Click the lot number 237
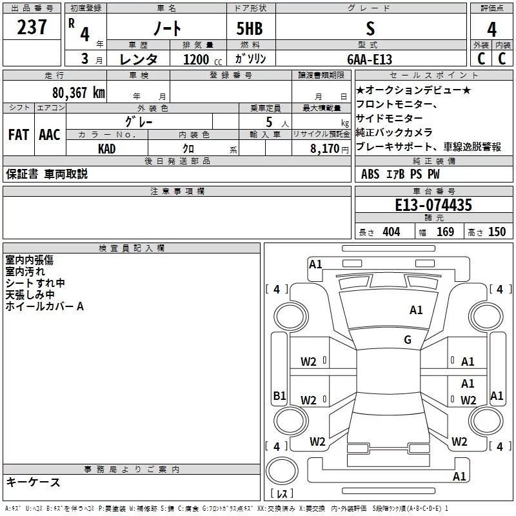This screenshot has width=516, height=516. (x=32, y=28)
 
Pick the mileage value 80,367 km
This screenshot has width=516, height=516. (x=78, y=92)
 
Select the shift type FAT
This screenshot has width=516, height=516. (x=18, y=135)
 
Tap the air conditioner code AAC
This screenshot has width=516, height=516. (x=49, y=135)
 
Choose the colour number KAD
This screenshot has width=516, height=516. (x=107, y=148)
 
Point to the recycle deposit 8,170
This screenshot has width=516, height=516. (x=325, y=148)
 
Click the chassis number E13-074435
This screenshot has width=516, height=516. (x=433, y=205)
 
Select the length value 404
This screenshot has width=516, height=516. (x=391, y=232)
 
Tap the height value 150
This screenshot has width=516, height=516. (x=497, y=232)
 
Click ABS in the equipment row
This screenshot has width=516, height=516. (x=370, y=174)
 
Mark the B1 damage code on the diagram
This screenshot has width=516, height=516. (x=279, y=396)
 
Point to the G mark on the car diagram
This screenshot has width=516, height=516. (x=408, y=340)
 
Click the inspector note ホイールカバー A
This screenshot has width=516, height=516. (x=45, y=306)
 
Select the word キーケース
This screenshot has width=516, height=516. (x=34, y=482)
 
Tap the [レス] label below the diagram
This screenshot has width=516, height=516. (x=282, y=494)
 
